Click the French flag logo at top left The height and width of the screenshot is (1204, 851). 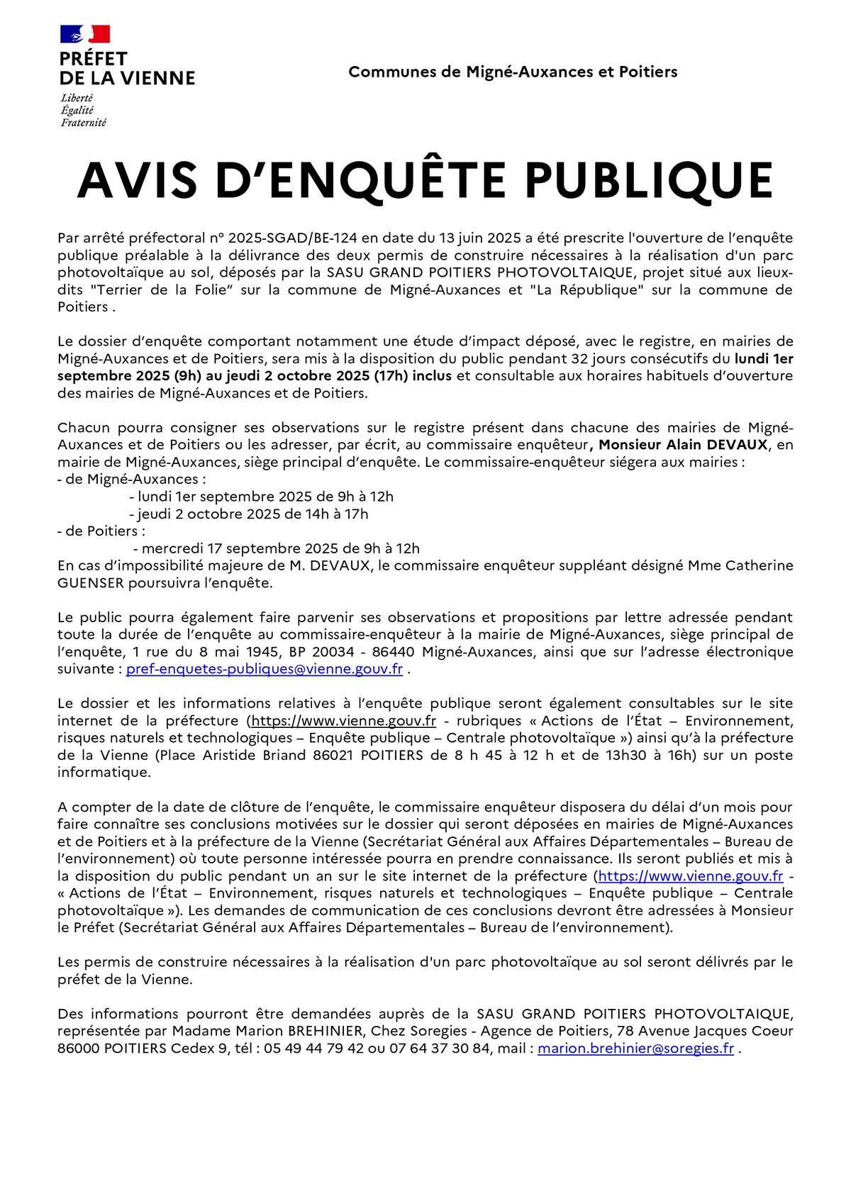(x=85, y=34)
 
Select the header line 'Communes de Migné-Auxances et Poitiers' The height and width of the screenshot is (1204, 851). (x=513, y=72)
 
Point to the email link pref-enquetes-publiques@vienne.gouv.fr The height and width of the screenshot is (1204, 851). (x=265, y=669)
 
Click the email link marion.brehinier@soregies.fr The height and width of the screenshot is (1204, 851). (x=635, y=1049)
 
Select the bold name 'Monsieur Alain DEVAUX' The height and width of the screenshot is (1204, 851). (x=684, y=445)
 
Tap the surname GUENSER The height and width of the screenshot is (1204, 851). (x=91, y=583)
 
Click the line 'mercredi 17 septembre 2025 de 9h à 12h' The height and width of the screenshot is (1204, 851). (x=281, y=548)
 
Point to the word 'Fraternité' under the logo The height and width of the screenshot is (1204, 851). (x=83, y=123)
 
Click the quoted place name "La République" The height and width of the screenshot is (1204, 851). (x=586, y=289)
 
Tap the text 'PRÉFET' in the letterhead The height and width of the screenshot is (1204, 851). (x=94, y=59)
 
